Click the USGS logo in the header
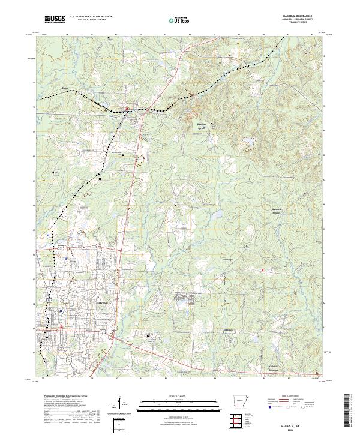coord(55,19)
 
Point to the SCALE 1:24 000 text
coord(179,395)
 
